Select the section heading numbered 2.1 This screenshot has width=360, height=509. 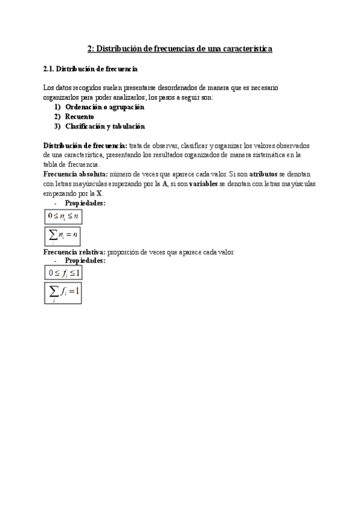click(91, 70)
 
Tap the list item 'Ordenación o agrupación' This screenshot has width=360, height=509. click(105, 107)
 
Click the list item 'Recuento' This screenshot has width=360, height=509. click(79, 116)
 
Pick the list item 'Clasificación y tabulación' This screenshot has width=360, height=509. click(105, 126)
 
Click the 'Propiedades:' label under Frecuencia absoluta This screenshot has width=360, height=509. click(85, 203)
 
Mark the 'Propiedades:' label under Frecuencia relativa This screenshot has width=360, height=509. click(85, 261)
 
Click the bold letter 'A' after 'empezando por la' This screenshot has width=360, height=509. click(165, 184)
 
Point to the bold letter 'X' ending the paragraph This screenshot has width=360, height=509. click(100, 193)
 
